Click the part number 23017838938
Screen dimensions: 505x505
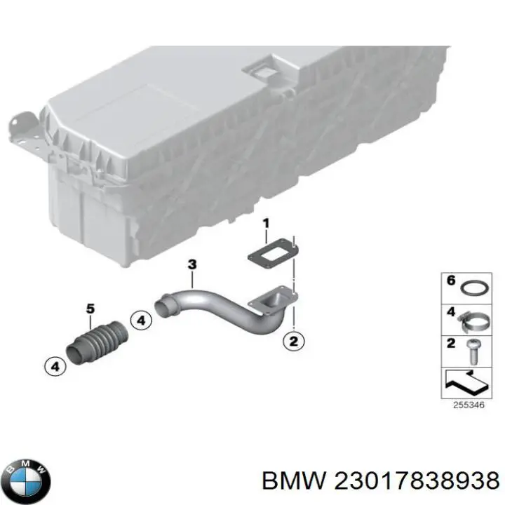click(x=417, y=480)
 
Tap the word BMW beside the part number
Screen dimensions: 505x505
click(x=294, y=480)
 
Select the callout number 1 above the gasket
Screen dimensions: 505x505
click(x=266, y=224)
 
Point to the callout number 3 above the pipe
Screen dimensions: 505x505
click(x=192, y=264)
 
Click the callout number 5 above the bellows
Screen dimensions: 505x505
click(x=90, y=309)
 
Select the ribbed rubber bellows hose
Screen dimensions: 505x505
click(x=97, y=343)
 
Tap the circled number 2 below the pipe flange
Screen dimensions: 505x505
click(x=293, y=342)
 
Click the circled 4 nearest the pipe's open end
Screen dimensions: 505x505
click(x=141, y=321)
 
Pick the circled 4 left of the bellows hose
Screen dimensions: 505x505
click(x=55, y=367)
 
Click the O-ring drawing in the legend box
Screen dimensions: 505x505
click(x=474, y=288)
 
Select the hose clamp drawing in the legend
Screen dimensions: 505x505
click(x=473, y=322)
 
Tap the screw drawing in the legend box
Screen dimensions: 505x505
click(x=473, y=352)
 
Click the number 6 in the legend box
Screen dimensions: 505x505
click(x=451, y=280)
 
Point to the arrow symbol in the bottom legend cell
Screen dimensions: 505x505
click(x=466, y=382)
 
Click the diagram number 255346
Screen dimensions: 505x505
click(x=469, y=405)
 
